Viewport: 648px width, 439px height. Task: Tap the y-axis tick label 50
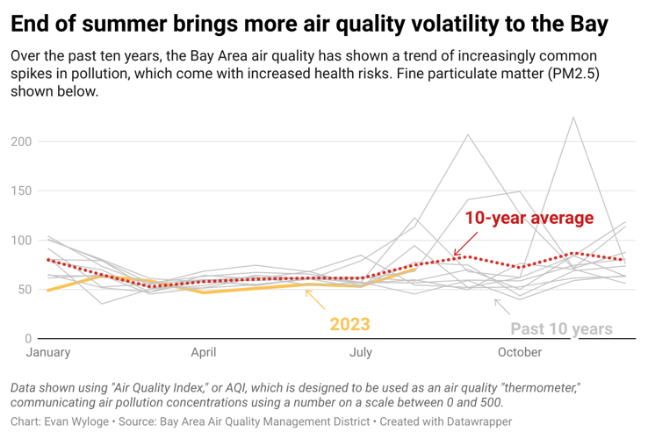(25, 289)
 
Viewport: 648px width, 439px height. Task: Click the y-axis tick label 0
(28, 338)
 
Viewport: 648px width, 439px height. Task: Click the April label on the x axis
(204, 353)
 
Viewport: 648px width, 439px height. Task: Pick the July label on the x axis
(360, 353)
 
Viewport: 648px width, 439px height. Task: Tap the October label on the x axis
(520, 353)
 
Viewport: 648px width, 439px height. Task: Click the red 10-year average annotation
(529, 218)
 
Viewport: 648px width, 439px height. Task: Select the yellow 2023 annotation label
(349, 325)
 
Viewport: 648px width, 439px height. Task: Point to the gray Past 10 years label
(561, 329)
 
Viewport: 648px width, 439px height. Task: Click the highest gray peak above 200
(573, 118)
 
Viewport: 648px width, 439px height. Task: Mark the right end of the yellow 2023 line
(414, 270)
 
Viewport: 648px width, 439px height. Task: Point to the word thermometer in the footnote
(532, 387)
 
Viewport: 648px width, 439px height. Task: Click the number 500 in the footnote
(490, 402)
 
